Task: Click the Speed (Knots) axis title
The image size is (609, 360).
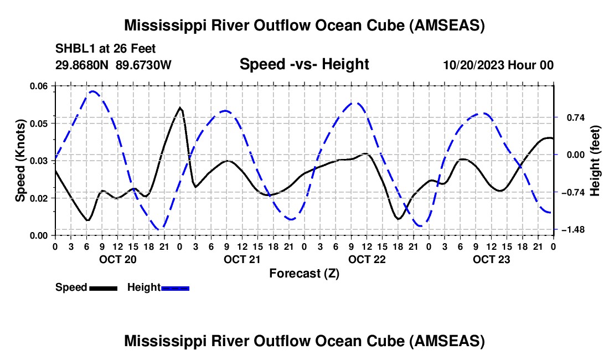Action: pyautogui.click(x=20, y=161)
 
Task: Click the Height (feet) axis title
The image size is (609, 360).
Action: pyautogui.click(x=595, y=161)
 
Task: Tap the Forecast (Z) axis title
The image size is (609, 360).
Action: pyautogui.click(x=304, y=273)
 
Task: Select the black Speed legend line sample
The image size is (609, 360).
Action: pyautogui.click(x=103, y=287)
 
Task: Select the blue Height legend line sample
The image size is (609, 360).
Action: pyautogui.click(x=175, y=287)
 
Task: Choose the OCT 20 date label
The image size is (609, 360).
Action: pyautogui.click(x=117, y=259)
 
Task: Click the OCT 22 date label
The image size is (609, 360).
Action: pyautogui.click(x=367, y=259)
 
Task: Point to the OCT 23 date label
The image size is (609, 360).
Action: pyautogui.click(x=491, y=259)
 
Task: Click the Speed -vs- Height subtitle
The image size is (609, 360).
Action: pyautogui.click(x=304, y=65)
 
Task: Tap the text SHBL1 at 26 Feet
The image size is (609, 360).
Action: pyautogui.click(x=105, y=49)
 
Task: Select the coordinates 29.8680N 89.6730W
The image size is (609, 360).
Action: pyautogui.click(x=113, y=65)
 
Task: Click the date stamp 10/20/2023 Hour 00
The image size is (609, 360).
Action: pyautogui.click(x=498, y=65)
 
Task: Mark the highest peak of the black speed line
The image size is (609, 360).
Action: pyautogui.click(x=180, y=107)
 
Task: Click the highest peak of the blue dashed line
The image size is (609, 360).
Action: pyautogui.click(x=93, y=91)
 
